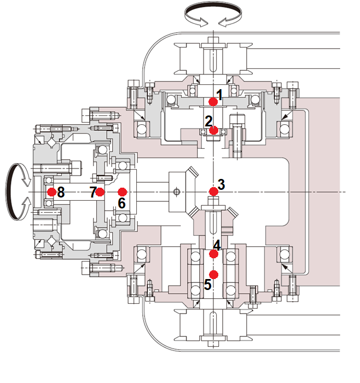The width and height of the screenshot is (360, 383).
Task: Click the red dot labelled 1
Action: pos(213,102)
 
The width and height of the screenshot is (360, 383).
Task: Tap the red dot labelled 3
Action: pos(213,191)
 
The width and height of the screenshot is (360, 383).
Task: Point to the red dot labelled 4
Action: pos(213,253)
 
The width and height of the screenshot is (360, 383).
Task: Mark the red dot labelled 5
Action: pos(214,274)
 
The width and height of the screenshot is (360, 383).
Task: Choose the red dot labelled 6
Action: pos(122,192)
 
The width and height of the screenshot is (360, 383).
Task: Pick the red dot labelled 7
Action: pos(100,192)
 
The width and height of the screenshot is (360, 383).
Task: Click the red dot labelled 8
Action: pos(51,192)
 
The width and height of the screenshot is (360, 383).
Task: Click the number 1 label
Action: pos(219,95)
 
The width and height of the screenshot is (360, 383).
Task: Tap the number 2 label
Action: pos(208,120)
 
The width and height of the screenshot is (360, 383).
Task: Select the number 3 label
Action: pos(221,184)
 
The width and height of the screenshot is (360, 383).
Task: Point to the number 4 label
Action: pos(217,246)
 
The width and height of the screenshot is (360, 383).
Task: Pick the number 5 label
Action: pos(207,285)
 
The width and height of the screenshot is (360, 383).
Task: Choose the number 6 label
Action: pos(122,203)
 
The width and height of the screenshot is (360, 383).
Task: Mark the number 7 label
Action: pos(93,192)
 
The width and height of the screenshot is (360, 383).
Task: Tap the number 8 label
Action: pos(60,192)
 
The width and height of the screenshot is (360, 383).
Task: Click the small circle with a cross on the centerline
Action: pos(176,191)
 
